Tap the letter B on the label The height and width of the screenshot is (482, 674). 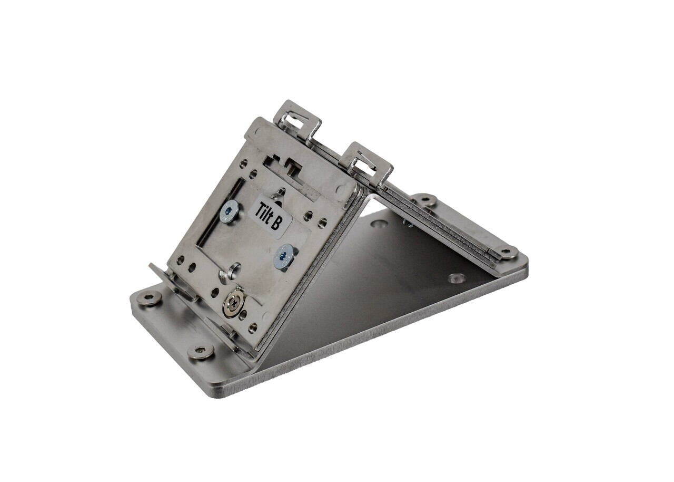[x=274, y=225]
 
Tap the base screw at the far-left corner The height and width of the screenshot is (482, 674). [x=148, y=299]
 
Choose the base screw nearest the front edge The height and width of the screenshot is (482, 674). [x=201, y=351]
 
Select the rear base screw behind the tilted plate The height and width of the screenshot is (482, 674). [x=424, y=200]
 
